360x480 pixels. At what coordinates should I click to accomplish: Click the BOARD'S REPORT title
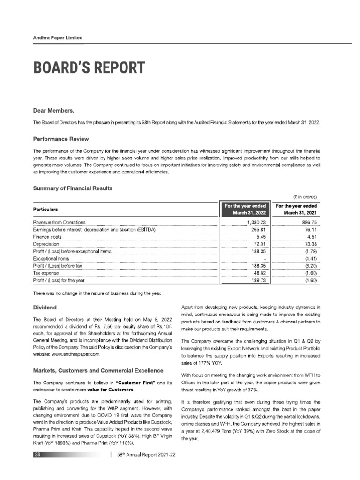point(89,68)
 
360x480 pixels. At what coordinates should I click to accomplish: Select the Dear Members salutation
point(53,111)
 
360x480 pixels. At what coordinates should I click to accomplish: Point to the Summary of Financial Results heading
point(72,188)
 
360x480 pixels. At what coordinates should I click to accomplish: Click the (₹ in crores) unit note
point(305,197)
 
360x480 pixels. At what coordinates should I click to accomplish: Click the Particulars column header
point(48,209)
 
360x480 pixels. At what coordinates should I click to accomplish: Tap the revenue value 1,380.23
point(256,222)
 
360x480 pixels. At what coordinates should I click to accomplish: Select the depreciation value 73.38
point(311,244)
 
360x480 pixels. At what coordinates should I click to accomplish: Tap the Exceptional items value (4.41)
point(311,259)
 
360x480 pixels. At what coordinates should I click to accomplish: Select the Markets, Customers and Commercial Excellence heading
point(98,371)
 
